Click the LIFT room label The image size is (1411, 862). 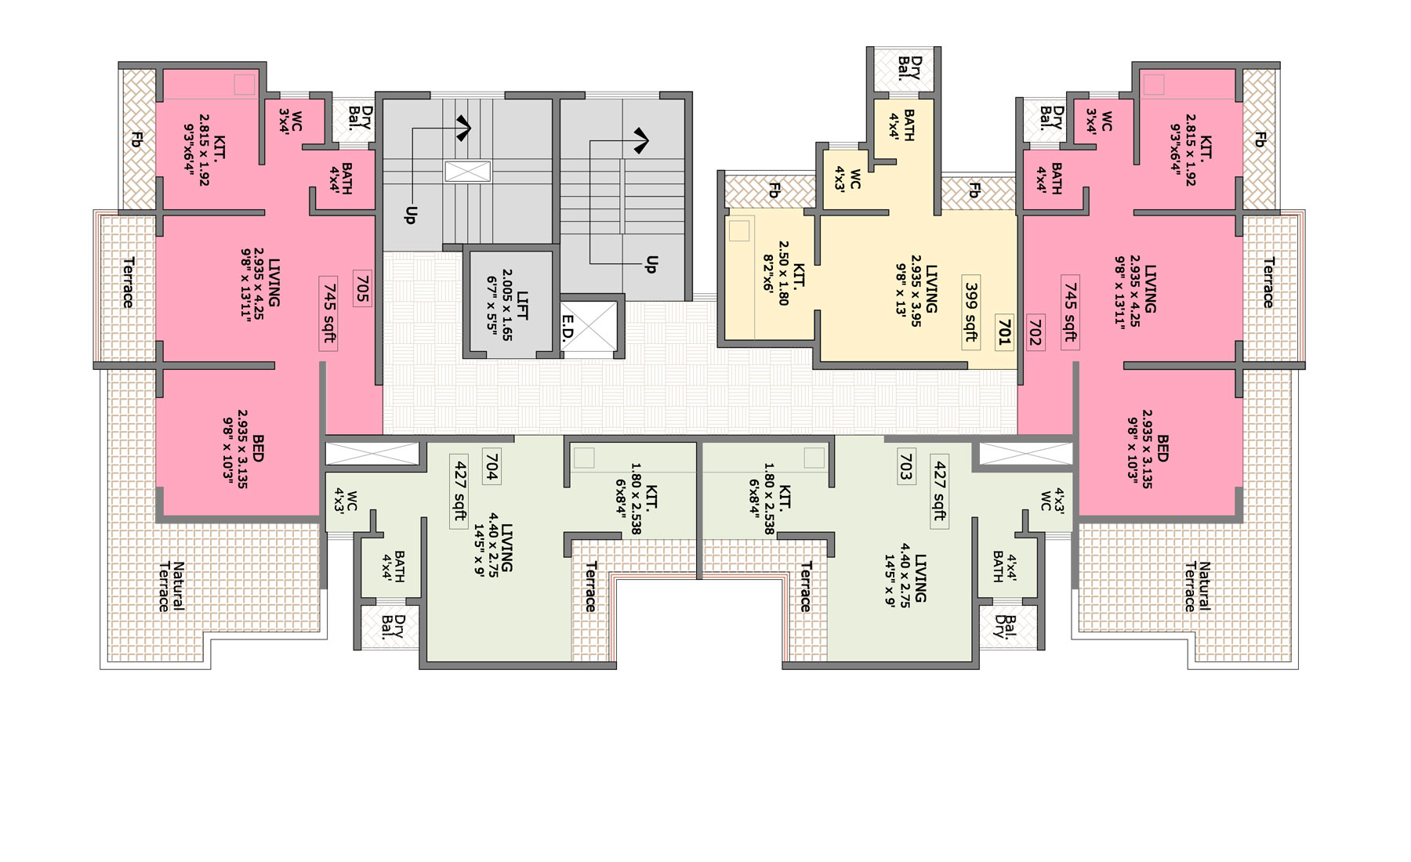[x=523, y=305]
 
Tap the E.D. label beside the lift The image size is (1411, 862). [x=569, y=328]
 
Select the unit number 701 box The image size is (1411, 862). [x=1004, y=331]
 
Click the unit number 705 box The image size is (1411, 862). [x=362, y=288]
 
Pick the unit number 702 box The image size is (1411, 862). [x=1035, y=331]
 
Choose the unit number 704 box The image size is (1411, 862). [x=491, y=466]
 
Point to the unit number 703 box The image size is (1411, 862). [x=906, y=466]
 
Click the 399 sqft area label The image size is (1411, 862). [x=971, y=312]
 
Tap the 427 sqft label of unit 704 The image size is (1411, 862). [x=460, y=491]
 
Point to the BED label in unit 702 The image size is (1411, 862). [x=1163, y=447]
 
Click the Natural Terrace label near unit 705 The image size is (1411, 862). [x=172, y=586]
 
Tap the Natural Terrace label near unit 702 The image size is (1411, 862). [x=1197, y=586]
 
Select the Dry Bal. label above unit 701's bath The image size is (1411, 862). [x=909, y=68]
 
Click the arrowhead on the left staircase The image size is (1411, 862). [x=463, y=128]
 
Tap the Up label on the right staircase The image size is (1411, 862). [x=651, y=264]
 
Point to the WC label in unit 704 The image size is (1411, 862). [x=352, y=501]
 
